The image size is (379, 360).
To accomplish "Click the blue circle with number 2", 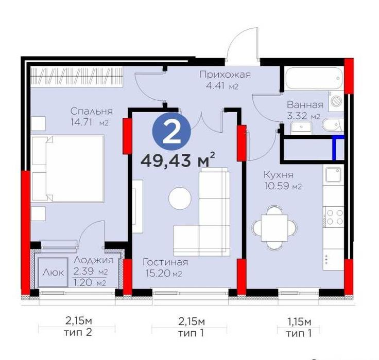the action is click(171, 131).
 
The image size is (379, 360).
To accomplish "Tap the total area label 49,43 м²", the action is click(178, 160).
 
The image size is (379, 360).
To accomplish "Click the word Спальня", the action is click(92, 111).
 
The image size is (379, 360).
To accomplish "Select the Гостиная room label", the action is click(166, 262).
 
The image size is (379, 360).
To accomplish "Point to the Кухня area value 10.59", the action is click(277, 186).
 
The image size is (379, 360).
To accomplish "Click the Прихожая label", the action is click(225, 75).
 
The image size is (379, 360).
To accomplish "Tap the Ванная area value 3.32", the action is click(297, 116).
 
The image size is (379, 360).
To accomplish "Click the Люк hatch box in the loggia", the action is click(53, 273).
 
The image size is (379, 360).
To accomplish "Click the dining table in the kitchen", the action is click(274, 228).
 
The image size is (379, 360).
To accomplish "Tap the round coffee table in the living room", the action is click(180, 198).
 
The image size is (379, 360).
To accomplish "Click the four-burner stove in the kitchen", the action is click(334, 217).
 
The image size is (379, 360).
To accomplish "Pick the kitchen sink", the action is click(333, 175).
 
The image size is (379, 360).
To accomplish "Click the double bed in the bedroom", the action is click(68, 168).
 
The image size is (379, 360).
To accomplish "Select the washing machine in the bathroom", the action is click(336, 101).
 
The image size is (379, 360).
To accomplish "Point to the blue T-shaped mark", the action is click(336, 146).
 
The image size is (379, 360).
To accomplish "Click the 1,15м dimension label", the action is click(299, 322).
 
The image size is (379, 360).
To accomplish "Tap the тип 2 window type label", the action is click(78, 332).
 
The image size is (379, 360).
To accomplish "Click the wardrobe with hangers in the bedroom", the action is click(77, 76).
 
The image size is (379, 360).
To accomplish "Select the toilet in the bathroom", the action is click(333, 124).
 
